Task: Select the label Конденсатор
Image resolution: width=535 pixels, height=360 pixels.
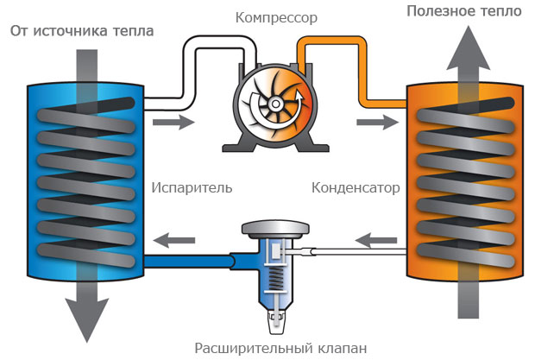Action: (355, 186)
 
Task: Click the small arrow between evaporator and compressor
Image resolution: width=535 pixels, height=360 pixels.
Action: (173, 123)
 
